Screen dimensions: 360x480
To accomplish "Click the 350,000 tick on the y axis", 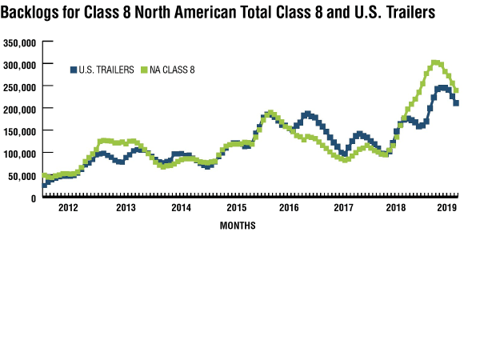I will (x=20, y=42).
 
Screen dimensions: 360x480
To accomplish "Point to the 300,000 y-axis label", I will (x=20, y=64).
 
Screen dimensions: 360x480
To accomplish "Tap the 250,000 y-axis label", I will (x=20, y=86).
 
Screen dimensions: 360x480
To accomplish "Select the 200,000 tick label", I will (x=20, y=108).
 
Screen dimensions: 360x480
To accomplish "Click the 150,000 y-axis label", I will (x=20, y=130).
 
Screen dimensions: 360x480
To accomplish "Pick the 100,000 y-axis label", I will (x=20, y=153).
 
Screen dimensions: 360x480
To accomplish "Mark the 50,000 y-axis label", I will (x=22, y=175).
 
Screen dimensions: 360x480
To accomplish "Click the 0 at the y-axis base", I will (x=35, y=197).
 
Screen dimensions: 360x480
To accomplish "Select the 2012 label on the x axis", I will (x=70, y=208).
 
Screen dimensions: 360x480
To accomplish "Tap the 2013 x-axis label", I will (x=126, y=208).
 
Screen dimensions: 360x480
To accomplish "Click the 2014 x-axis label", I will (x=181, y=208).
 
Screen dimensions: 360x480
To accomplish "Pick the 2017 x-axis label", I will (x=343, y=208).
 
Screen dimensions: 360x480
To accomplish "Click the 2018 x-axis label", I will (x=396, y=208).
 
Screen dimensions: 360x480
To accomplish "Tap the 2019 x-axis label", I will (x=447, y=208).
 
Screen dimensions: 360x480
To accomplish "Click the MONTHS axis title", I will (x=238, y=226).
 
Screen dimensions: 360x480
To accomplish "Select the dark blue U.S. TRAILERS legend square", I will (x=74, y=70).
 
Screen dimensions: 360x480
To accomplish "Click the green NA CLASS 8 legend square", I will (x=145, y=70).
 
